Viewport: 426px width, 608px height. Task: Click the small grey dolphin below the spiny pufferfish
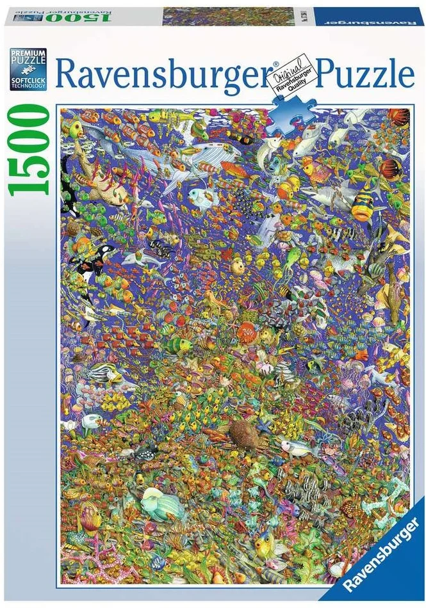point(144,259)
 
